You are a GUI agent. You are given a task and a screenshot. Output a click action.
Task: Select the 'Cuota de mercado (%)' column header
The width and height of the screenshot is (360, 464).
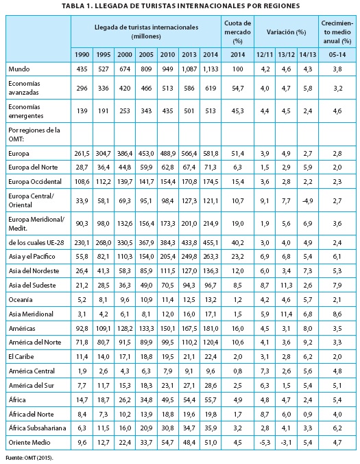(237, 32)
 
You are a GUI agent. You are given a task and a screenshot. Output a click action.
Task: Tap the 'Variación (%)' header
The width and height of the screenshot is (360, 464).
(286, 32)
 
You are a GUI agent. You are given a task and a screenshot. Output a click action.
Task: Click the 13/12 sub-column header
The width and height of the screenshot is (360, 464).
(286, 55)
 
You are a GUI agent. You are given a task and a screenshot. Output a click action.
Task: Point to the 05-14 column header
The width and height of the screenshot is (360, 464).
(337, 55)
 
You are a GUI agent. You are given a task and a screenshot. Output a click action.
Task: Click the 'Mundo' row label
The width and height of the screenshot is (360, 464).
(19, 69)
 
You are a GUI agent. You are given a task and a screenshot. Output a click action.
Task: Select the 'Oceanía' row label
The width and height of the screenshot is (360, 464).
(21, 300)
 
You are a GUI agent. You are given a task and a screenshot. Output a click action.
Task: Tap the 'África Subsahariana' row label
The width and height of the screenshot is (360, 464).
(37, 428)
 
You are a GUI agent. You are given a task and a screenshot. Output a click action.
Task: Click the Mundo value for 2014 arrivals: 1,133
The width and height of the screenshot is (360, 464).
(211, 69)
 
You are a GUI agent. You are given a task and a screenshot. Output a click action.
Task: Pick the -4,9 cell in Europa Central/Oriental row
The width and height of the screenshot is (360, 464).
(307, 201)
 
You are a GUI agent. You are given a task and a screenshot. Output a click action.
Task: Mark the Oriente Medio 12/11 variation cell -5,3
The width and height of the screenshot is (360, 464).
(265, 443)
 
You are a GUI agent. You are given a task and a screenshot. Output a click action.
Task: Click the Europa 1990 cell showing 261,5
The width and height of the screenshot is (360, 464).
(82, 154)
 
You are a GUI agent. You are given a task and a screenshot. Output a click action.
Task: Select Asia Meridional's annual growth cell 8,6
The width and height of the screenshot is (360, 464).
(337, 314)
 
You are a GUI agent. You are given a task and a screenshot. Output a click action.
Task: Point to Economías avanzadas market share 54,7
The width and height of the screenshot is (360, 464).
(238, 88)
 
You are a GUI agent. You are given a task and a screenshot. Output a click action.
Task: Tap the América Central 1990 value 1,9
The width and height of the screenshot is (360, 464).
(82, 371)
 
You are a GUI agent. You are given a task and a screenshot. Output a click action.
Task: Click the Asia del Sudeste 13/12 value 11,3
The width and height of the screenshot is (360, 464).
(286, 286)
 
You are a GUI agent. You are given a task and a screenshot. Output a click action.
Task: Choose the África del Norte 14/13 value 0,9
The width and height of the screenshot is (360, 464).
(307, 415)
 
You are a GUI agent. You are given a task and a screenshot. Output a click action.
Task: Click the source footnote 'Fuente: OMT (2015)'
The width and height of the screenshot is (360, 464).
(29, 458)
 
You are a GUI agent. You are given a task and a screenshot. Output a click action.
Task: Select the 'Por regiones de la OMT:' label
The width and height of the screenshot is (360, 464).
(34, 135)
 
